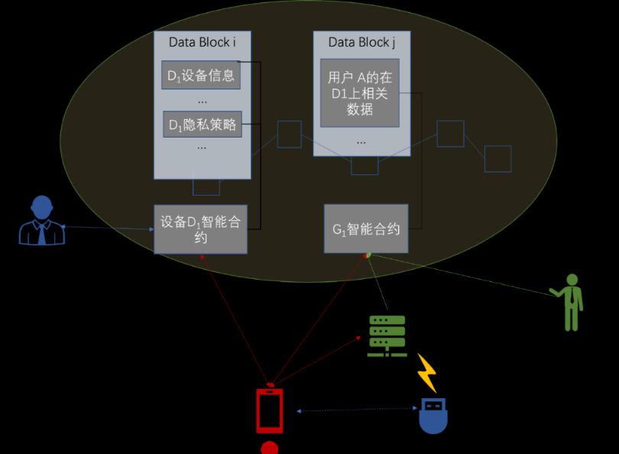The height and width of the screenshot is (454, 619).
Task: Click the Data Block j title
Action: click(361, 43)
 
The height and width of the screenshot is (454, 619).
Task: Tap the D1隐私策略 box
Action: click(202, 125)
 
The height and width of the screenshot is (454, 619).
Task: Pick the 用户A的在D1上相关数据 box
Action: click(360, 92)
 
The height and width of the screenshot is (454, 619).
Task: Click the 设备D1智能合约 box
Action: click(200, 229)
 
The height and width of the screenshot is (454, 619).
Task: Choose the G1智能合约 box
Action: click(366, 229)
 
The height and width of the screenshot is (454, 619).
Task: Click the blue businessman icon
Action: click(41, 221)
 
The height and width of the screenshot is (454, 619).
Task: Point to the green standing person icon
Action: click(570, 302)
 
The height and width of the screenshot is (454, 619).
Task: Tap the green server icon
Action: click(387, 336)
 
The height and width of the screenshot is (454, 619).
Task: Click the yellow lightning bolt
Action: click(426, 372)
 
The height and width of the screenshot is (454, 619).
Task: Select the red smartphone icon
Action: click(269, 411)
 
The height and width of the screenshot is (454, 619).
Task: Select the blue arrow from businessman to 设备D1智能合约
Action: click(107, 228)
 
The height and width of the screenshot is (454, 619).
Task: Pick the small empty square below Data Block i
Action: click(206, 186)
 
